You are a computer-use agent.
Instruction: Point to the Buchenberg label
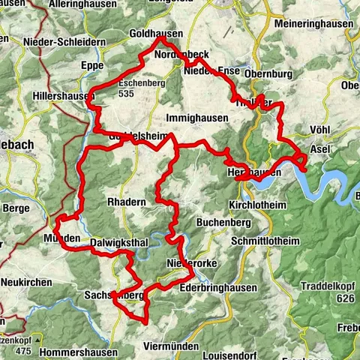point(219,223)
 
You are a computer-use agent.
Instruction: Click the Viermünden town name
point(170,347)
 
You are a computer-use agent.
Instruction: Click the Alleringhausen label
point(82,4)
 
